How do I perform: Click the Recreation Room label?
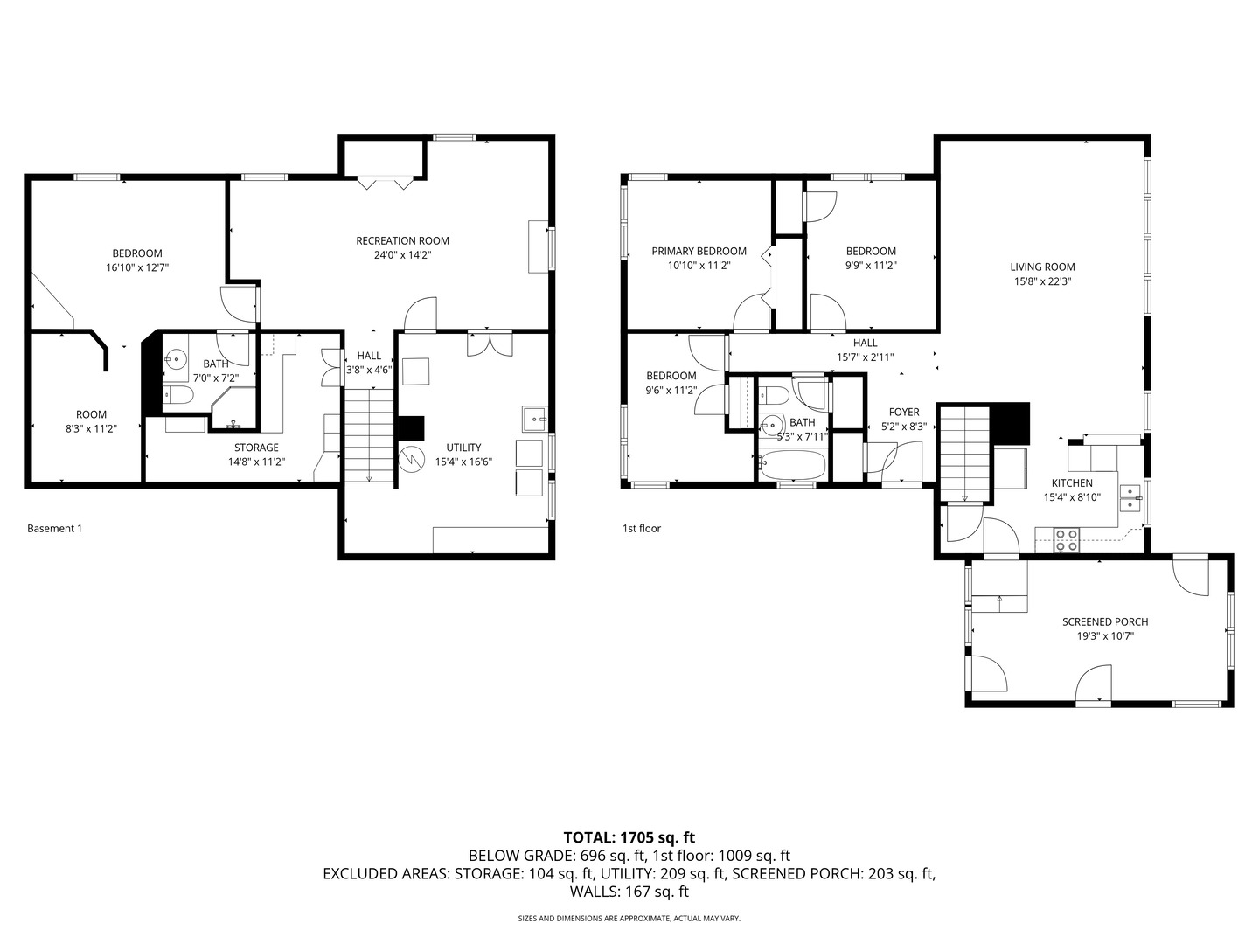402,241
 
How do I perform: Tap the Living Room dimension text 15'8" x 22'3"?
1042,282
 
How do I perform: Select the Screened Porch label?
1105,622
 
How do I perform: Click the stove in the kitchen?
1067,539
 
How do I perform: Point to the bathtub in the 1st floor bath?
791,465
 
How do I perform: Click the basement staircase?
369,434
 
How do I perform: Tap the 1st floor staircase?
965,455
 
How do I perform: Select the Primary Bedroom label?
699,252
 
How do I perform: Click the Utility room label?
463,448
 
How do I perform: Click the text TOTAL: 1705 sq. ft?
629,837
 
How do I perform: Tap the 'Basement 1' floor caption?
54,529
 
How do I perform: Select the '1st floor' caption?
642,529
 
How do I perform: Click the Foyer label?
904,413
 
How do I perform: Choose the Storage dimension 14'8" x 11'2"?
256,462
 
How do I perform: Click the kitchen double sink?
1130,497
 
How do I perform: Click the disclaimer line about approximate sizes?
629,919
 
